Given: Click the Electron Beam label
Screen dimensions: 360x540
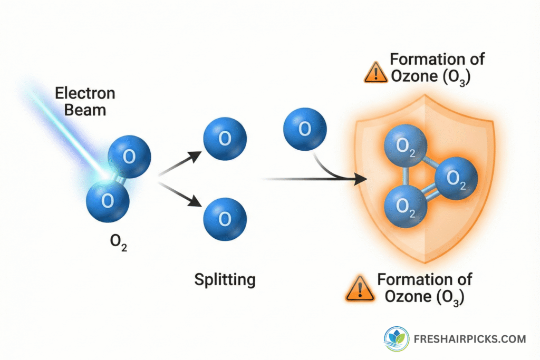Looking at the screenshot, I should pos(85,102).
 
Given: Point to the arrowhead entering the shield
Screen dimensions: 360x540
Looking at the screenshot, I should pos(360,180).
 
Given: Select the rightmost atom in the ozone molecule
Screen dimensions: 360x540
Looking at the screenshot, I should pos(456,178).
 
